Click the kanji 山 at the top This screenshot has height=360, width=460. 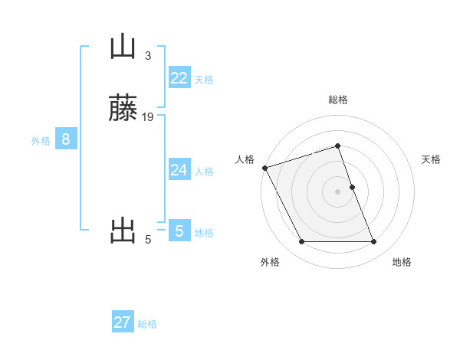(123, 47)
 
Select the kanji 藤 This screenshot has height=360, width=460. (123, 109)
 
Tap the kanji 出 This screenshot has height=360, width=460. (123, 231)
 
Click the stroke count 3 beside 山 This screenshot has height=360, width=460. (148, 56)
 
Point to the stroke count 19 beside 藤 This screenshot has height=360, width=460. (148, 117)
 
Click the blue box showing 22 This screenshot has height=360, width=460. (179, 78)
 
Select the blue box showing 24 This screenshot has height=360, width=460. (179, 170)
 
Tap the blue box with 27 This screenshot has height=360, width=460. (123, 322)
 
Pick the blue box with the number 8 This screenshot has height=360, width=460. (66, 139)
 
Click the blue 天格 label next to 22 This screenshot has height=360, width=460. (204, 80)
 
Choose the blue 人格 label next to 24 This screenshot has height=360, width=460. (204, 172)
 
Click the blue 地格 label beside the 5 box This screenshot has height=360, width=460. (204, 233)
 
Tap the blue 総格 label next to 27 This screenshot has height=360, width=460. (147, 324)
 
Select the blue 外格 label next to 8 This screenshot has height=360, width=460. (41, 141)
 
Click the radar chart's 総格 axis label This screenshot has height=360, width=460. (337, 100)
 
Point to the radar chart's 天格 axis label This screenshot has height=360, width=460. (432, 159)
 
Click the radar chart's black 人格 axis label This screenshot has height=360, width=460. (245, 159)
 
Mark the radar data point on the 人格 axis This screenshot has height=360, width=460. (264, 168)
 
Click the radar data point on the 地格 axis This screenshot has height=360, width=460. (373, 242)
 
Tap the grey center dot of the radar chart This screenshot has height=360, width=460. (337, 191)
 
